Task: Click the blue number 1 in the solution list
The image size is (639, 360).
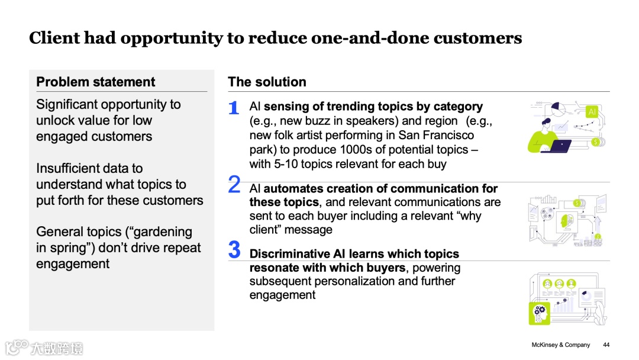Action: pos(234,108)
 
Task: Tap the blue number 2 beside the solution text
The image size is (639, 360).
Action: pos(234,185)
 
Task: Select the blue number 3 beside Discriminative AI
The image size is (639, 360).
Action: pos(234,250)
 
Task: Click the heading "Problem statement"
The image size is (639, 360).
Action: pos(96,82)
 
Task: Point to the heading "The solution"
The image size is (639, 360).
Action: pos(267,82)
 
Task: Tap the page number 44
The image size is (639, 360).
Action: pos(606,345)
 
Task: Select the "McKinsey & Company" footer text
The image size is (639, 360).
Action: pos(561,345)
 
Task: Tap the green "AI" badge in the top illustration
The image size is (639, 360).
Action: pos(592,112)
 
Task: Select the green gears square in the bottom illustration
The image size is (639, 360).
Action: pos(539,312)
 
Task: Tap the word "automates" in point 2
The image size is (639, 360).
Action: pos(291,188)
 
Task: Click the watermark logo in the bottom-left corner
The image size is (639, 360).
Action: pos(44,347)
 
